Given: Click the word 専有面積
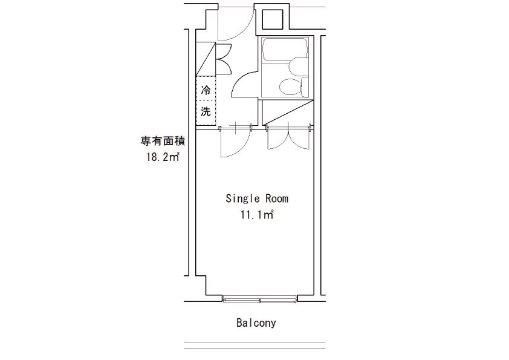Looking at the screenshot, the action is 163,141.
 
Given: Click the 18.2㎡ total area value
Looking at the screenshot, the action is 163,157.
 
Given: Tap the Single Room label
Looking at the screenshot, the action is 257,198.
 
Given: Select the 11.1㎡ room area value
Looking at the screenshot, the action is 257,214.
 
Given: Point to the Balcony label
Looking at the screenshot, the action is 256,323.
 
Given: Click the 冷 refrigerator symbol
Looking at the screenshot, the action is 206,89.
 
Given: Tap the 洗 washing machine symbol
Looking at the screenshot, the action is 206,113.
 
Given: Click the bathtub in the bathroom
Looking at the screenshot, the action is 285,49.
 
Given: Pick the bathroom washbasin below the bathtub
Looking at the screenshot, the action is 298,67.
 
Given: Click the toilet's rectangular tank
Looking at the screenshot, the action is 305,87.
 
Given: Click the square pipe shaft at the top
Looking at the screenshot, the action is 273,19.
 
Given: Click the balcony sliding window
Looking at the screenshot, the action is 260,299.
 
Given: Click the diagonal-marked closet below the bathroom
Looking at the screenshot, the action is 288,112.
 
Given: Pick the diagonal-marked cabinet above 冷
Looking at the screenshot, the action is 206,59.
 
